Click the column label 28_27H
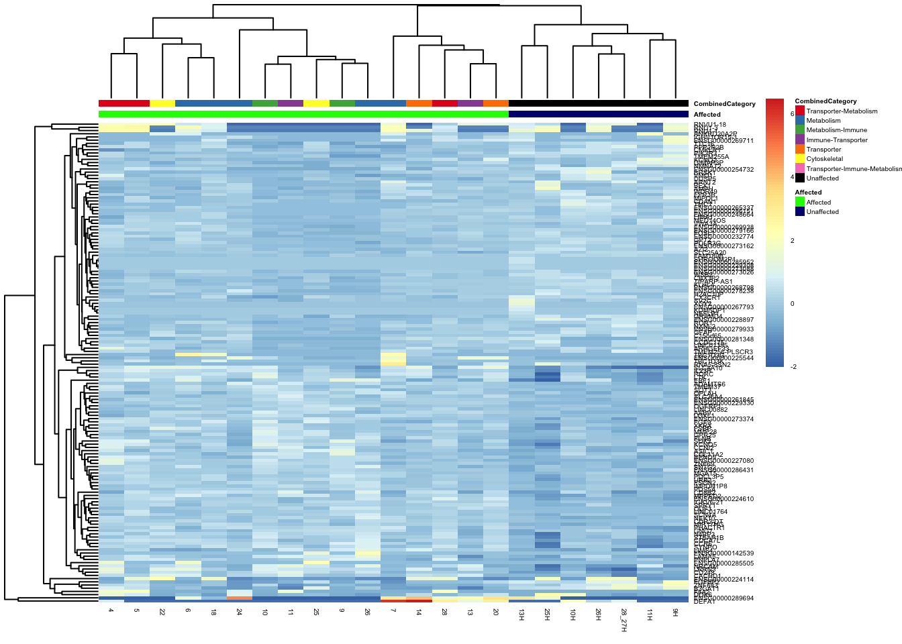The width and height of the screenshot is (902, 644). pyautogui.click(x=623, y=620)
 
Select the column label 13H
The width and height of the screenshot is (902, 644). pyautogui.click(x=521, y=615)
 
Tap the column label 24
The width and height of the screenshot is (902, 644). pyautogui.click(x=239, y=612)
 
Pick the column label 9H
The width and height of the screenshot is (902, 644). pyautogui.click(x=675, y=613)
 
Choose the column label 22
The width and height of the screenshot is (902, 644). pyautogui.click(x=162, y=612)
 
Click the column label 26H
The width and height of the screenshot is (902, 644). pyautogui.click(x=598, y=615)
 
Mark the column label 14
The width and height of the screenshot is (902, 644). pyautogui.click(x=418, y=612)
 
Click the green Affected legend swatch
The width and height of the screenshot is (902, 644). pyautogui.click(x=799, y=202)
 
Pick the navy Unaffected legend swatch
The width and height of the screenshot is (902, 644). pyautogui.click(x=799, y=211)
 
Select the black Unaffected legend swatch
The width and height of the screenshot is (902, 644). pyautogui.click(x=799, y=178)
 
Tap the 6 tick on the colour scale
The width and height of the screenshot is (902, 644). pyautogui.click(x=793, y=114)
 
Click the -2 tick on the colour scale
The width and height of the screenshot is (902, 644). pyautogui.click(x=793, y=366)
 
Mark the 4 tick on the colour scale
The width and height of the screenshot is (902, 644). pyautogui.click(x=793, y=177)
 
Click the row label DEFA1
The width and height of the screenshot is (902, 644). pyautogui.click(x=704, y=602)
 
